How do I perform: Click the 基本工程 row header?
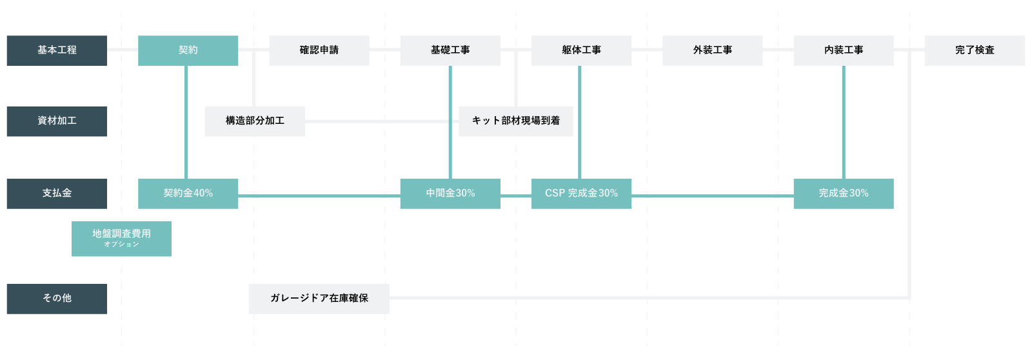[57, 51]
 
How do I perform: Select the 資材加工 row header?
[57, 121]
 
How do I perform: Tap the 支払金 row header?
[57, 194]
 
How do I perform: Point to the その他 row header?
[57, 299]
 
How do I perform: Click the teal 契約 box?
[188, 51]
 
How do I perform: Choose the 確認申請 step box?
[319, 51]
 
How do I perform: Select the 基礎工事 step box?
[450, 51]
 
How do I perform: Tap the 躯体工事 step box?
[581, 51]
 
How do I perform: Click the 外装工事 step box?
[713, 51]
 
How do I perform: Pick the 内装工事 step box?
[844, 51]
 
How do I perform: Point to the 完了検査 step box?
[975, 51]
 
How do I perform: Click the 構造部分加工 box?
[255, 121]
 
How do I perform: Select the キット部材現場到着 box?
[516, 121]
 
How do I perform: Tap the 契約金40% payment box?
[188, 194]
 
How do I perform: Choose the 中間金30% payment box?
[450, 194]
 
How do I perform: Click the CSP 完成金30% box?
[581, 194]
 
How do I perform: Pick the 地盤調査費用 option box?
[122, 239]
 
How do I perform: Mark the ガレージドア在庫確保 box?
[319, 299]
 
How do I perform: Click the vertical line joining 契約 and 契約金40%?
[186, 122]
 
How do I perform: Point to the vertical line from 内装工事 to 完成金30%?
[844, 122]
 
